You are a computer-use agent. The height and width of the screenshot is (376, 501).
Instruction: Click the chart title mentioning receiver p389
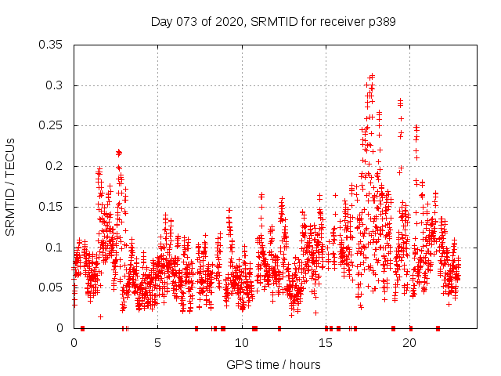point(273,22)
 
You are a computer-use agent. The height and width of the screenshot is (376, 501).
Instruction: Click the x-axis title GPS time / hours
point(273,364)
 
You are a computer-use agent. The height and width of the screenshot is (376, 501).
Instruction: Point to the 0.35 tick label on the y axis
point(52,45)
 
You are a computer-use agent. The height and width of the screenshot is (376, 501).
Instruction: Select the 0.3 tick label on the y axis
point(56,85)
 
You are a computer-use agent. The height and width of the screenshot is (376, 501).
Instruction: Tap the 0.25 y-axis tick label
point(52,126)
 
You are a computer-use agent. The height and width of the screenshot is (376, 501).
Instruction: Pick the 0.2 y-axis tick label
point(56,166)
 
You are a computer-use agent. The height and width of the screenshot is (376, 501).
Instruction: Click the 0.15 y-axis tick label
point(52,207)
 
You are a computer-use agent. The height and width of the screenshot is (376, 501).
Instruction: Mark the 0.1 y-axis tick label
point(56,248)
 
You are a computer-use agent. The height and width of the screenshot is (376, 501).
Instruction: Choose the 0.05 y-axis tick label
point(52,287)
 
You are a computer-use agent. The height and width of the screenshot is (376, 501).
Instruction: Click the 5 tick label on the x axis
point(157,343)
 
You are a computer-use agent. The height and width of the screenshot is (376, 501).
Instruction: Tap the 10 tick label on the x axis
point(242,343)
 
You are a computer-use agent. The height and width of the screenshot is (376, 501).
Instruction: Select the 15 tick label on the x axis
point(326,343)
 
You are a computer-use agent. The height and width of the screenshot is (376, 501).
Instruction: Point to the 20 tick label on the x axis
point(409,343)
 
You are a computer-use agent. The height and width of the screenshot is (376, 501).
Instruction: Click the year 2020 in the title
point(227,22)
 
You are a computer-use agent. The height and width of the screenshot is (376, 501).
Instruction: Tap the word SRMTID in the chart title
point(268,22)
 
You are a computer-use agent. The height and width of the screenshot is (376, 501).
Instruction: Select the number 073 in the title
point(189,22)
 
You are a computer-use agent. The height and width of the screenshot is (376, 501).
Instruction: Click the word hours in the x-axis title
point(305,364)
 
